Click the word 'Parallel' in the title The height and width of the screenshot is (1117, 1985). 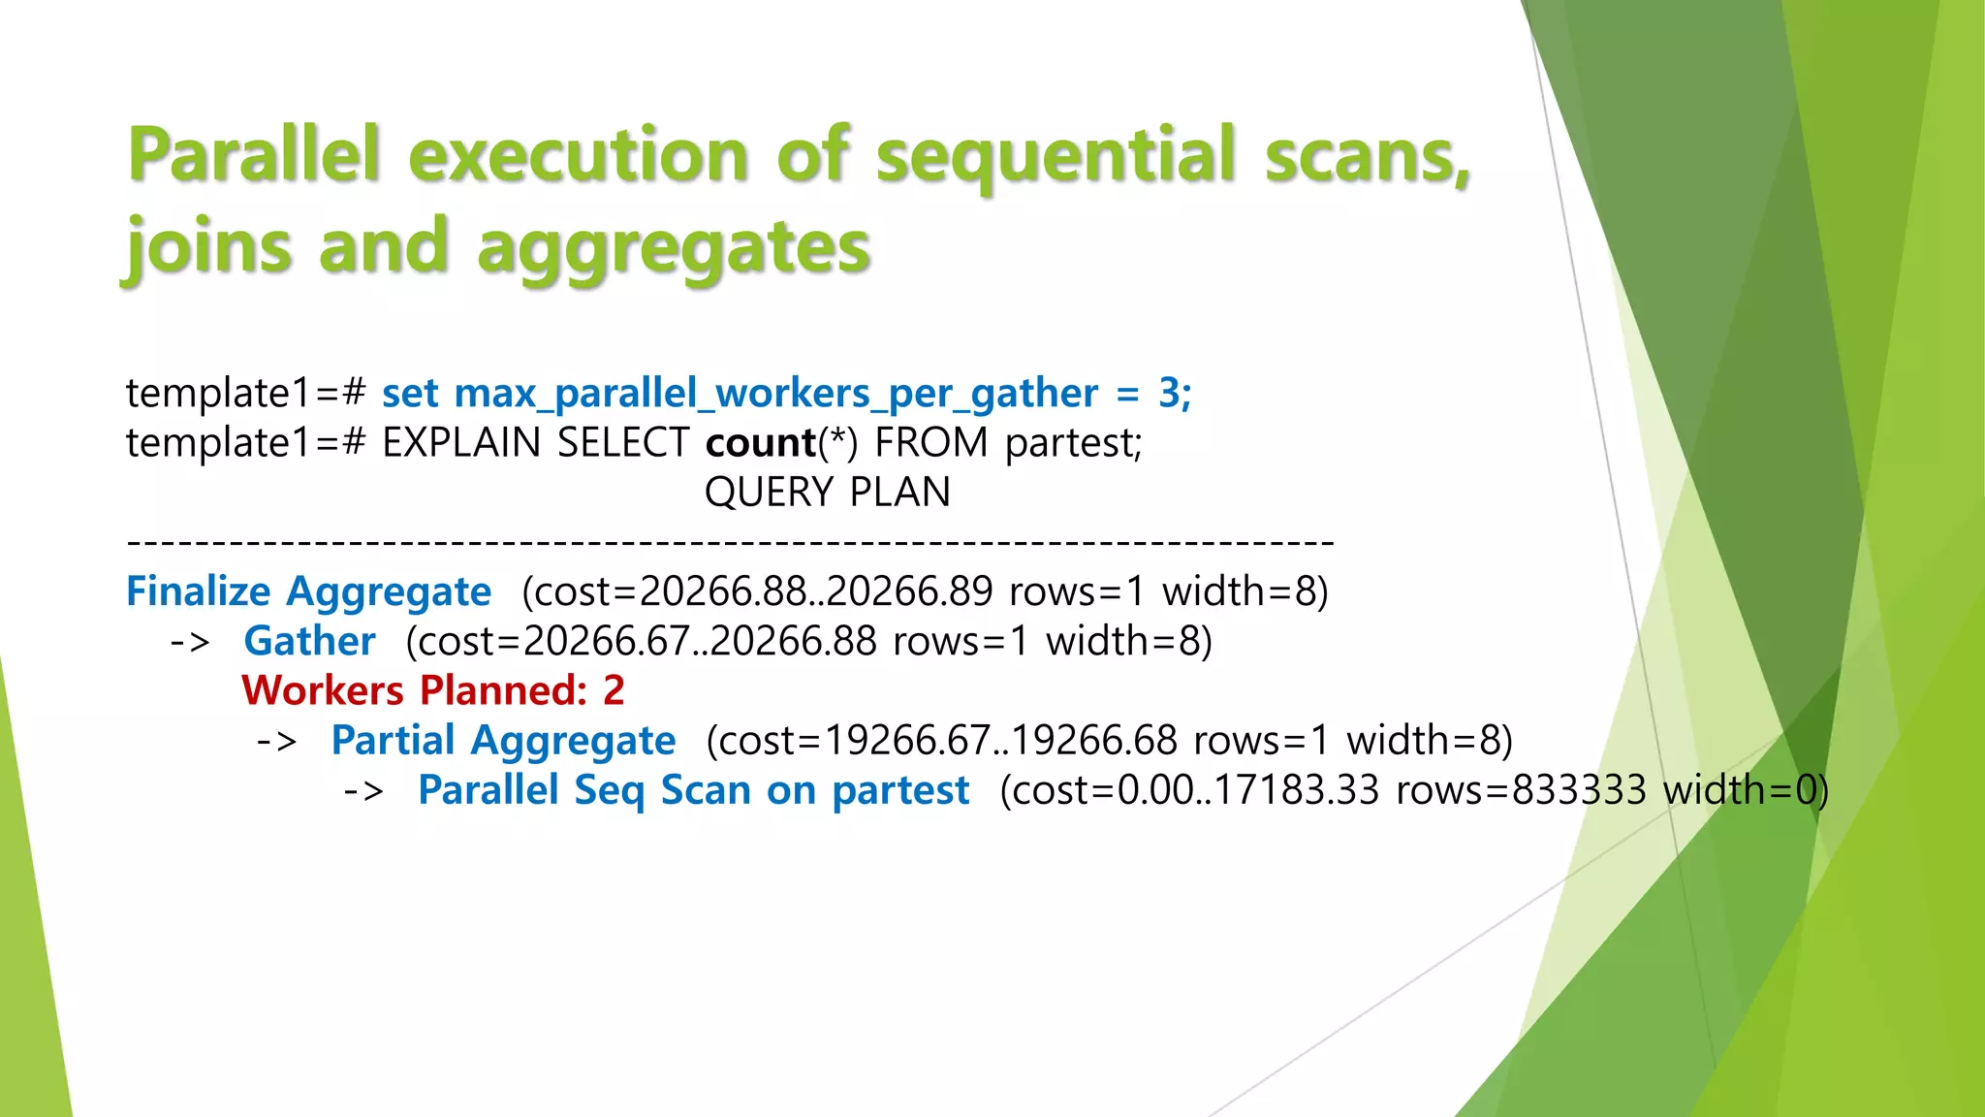click(254, 155)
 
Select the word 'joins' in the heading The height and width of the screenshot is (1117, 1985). click(208, 247)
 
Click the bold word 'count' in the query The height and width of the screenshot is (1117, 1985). click(761, 443)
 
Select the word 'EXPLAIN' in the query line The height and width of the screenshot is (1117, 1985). click(461, 443)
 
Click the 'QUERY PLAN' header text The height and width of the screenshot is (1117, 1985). click(827, 493)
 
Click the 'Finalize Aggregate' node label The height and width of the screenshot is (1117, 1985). click(308, 591)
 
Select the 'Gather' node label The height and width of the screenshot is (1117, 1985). click(309, 641)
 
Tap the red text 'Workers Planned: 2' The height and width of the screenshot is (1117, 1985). click(433, 690)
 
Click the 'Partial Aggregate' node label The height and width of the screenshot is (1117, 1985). click(503, 741)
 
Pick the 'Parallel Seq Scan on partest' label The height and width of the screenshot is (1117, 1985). click(693, 790)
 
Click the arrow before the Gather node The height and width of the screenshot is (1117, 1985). click(190, 642)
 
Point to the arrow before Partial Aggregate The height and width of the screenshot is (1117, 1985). click(276, 742)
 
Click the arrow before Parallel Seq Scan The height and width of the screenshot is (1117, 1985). click(363, 791)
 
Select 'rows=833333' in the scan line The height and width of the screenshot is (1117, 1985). click(1521, 790)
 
